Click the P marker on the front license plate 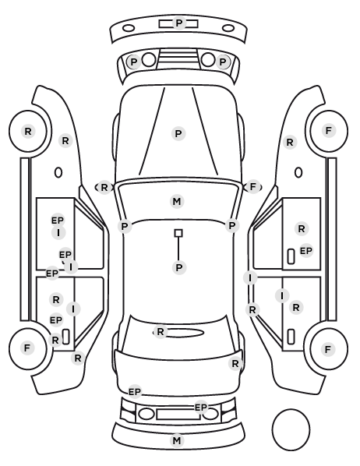[178, 23]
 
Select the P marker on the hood [178, 134]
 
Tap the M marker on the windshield [177, 202]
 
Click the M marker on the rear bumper [177, 440]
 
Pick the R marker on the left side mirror [104, 188]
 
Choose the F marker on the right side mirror [253, 187]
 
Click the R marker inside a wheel [28, 131]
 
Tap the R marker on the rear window [161, 331]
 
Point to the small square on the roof [178, 233]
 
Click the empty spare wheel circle [291, 429]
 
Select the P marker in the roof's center [179, 267]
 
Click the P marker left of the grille [134, 62]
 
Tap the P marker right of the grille [223, 62]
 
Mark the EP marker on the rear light [201, 407]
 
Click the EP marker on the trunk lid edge [134, 392]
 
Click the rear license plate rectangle [178, 415]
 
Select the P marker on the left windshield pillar [125, 227]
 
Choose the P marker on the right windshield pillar [232, 225]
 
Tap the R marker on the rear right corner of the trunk [235, 363]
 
